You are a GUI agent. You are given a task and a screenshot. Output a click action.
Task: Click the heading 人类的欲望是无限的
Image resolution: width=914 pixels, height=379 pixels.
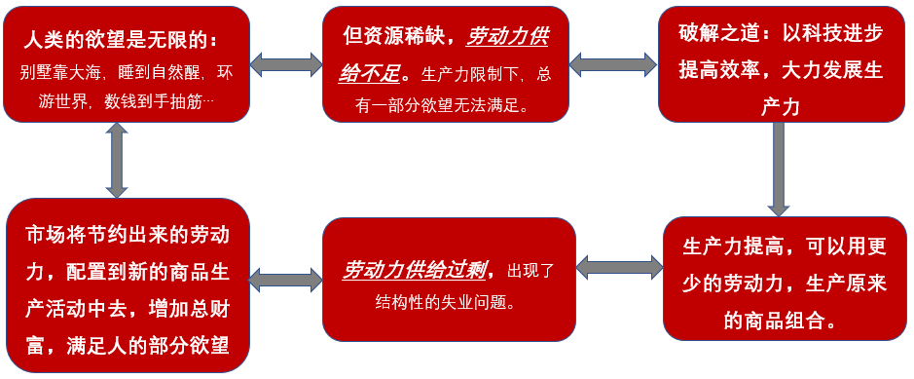(x=119, y=42)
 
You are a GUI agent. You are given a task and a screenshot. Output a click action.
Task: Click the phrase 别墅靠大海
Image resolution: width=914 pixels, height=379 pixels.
(x=55, y=72)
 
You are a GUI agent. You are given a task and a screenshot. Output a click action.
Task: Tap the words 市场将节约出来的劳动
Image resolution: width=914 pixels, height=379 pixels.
(x=127, y=235)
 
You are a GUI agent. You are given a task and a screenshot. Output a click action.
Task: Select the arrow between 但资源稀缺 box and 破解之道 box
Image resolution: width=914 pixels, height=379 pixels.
(x=613, y=64)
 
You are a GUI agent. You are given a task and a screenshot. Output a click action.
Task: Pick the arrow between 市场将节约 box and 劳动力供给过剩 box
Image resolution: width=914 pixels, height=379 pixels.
(x=285, y=280)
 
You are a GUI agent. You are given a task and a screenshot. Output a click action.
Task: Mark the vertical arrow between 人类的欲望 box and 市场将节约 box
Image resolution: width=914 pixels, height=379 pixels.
(x=118, y=161)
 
